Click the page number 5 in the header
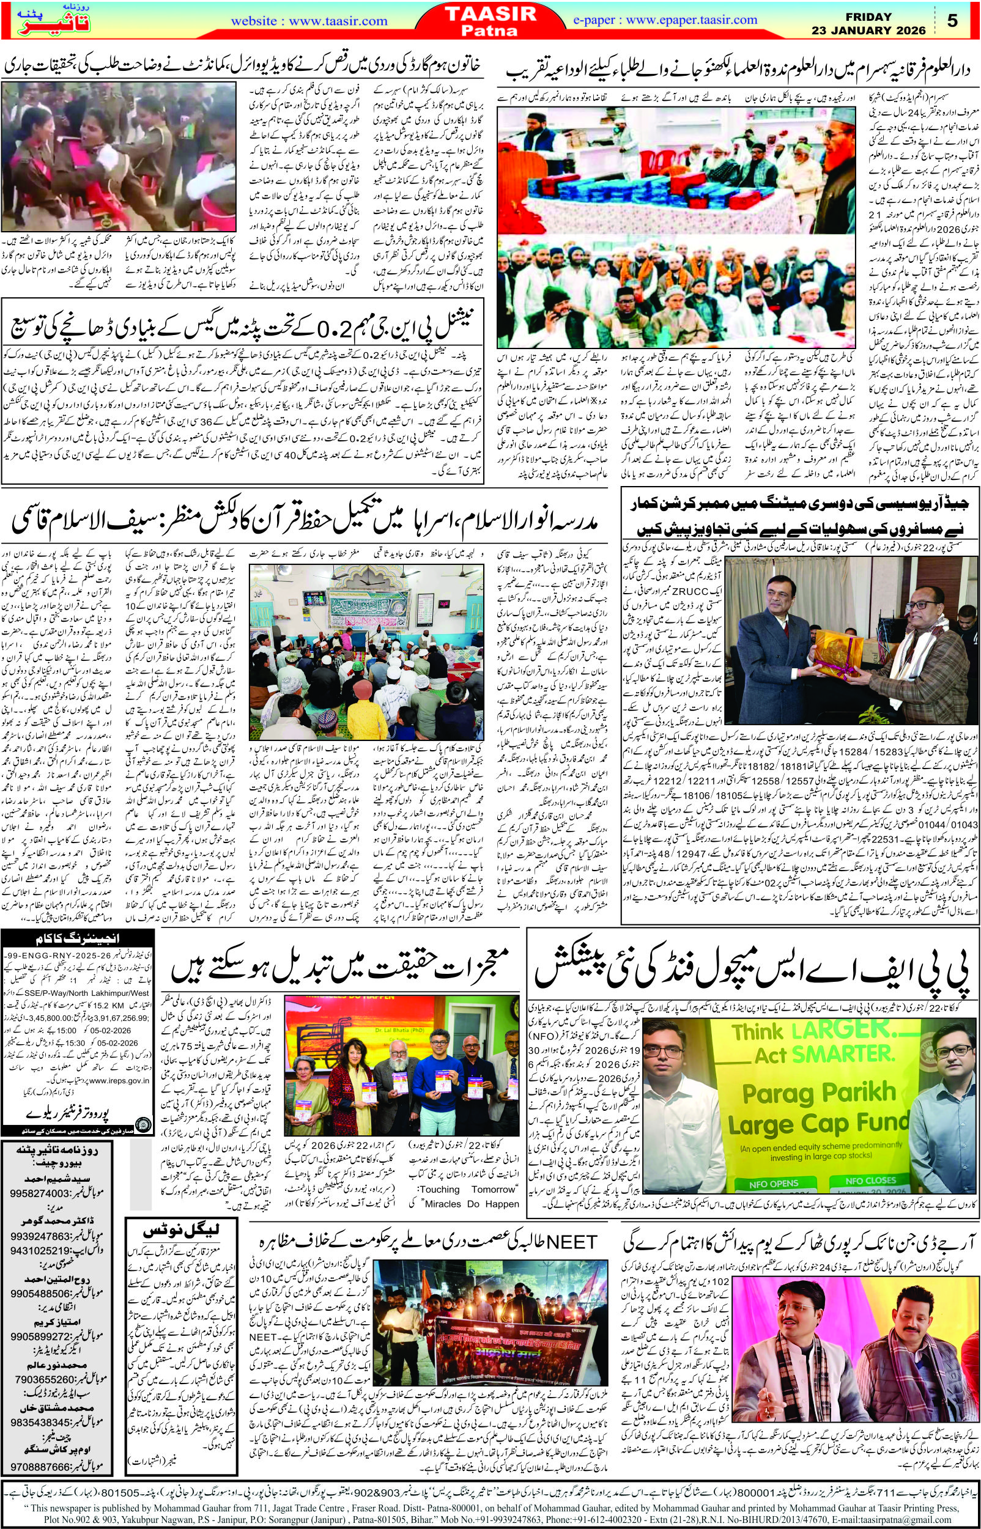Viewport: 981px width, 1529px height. tap(952, 20)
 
